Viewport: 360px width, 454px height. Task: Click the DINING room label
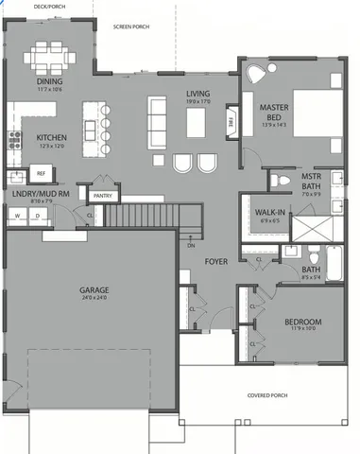click(x=50, y=81)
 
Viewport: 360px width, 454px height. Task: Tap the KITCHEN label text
click(x=50, y=136)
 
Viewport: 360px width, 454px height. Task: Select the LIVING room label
click(x=197, y=93)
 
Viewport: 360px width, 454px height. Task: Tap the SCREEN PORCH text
click(x=132, y=27)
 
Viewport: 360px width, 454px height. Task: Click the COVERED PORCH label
click(x=266, y=395)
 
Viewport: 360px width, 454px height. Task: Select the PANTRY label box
click(x=103, y=196)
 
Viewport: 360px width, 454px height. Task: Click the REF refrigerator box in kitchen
click(x=41, y=174)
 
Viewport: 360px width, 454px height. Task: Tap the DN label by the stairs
click(x=190, y=245)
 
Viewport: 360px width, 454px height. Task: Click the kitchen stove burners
click(x=15, y=141)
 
